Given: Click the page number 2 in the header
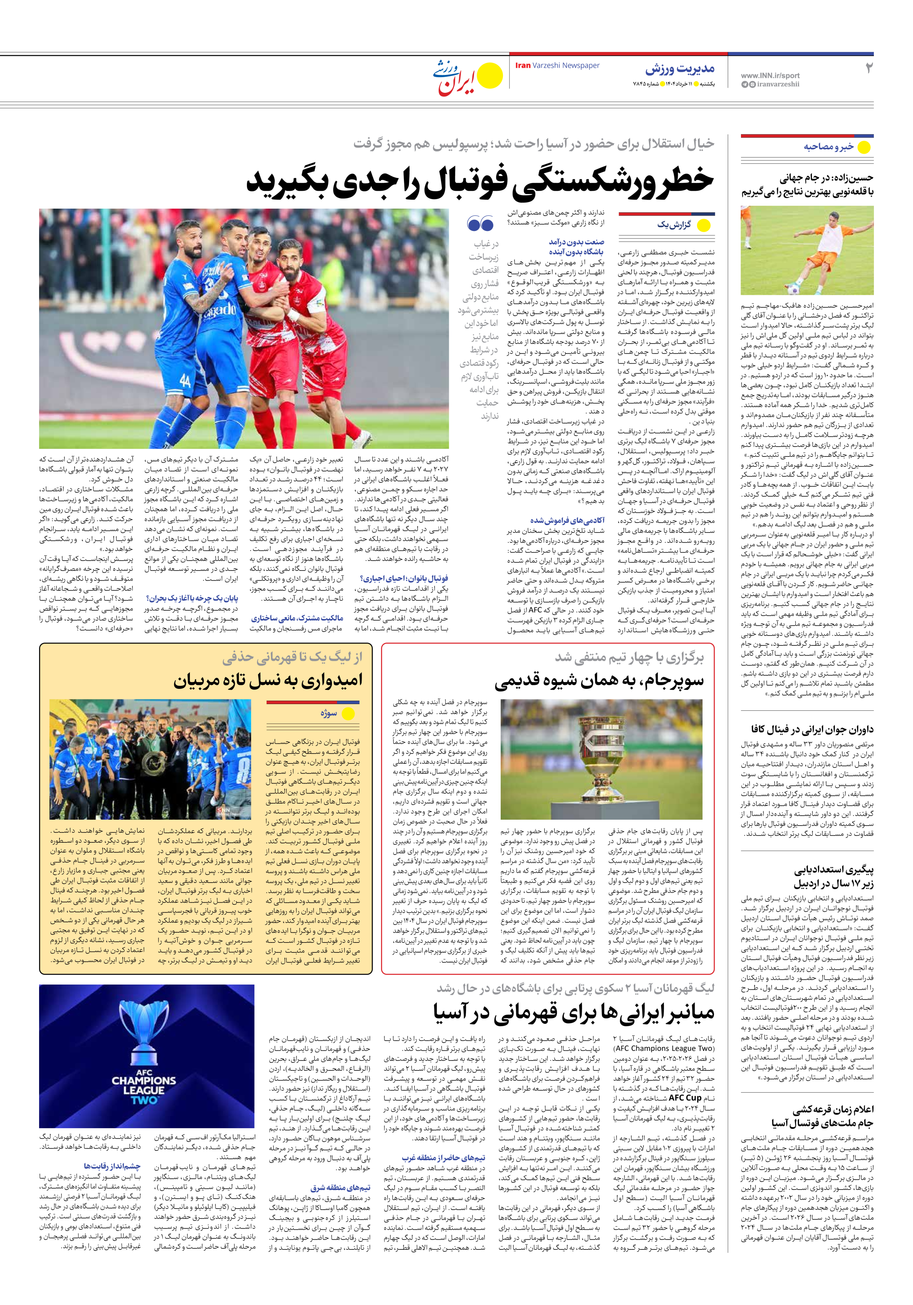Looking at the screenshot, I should pos(868,68).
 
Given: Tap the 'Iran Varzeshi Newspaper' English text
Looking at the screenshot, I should pos(557,65).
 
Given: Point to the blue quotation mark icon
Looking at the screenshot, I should pos(480,223).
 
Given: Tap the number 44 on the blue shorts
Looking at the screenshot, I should pos(185,381).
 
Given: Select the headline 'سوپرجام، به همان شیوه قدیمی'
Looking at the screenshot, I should pos(599,681).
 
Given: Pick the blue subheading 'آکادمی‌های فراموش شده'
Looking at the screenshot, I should pos(567,520).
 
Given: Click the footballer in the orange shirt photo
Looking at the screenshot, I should pos(809,249).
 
